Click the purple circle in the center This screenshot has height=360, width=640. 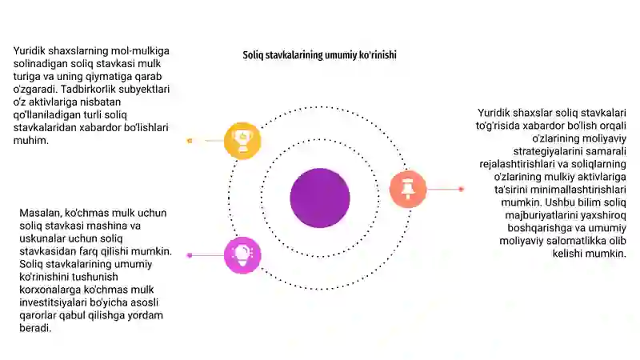[320, 198]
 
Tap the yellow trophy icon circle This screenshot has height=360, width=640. [242, 141]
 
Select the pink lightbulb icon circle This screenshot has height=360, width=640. [242, 255]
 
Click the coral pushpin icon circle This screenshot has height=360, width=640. [408, 190]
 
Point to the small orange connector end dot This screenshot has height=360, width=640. [190, 141]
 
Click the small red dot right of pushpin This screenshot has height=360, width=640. [462, 189]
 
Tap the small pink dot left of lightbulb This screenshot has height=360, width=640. [190, 255]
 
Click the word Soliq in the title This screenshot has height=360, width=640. [253, 55]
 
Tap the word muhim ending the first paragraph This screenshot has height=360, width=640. [30, 141]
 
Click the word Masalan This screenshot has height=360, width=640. [41, 213]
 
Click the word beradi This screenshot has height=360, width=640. [35, 328]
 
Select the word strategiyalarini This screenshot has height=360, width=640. [547, 151]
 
